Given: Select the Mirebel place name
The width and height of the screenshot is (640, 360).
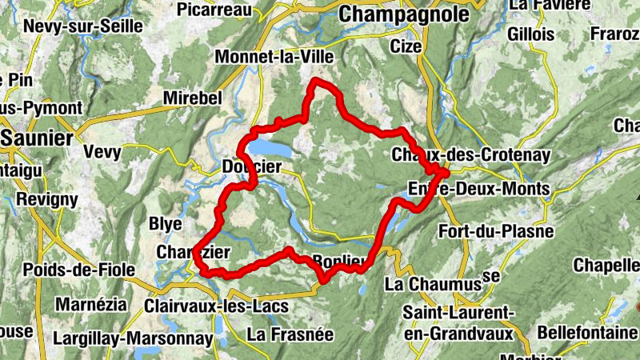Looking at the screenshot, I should tap(191, 97).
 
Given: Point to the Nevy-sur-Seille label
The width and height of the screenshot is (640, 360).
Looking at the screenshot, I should tap(83, 26).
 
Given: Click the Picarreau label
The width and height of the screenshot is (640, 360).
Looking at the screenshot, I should tap(214, 10).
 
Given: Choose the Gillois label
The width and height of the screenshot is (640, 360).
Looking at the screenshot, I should tap(529, 34).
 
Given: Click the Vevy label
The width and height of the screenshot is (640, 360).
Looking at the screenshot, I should tap(102, 152).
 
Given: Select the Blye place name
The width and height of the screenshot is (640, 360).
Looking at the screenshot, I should tap(166, 223).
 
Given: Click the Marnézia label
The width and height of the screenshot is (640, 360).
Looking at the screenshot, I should tap(91, 304).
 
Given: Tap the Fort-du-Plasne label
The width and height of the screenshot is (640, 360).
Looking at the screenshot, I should tap(496, 232).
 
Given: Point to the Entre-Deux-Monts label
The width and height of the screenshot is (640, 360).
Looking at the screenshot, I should tap(478, 190).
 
